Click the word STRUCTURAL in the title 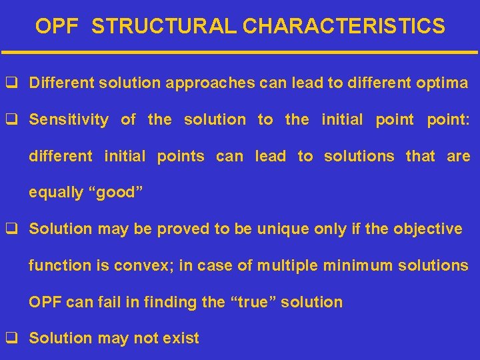tap(164, 26)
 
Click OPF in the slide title tap(57, 26)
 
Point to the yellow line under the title tap(240, 52)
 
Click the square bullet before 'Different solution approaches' tap(11, 83)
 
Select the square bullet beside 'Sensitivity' tap(11, 120)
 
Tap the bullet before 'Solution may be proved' tap(11, 229)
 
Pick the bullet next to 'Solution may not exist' tap(11, 339)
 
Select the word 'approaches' tap(211, 83)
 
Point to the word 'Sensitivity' tap(69, 120)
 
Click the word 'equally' tap(55, 193)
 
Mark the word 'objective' tap(427, 229)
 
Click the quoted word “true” tap(253, 302)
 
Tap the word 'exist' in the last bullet tap(182, 339)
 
